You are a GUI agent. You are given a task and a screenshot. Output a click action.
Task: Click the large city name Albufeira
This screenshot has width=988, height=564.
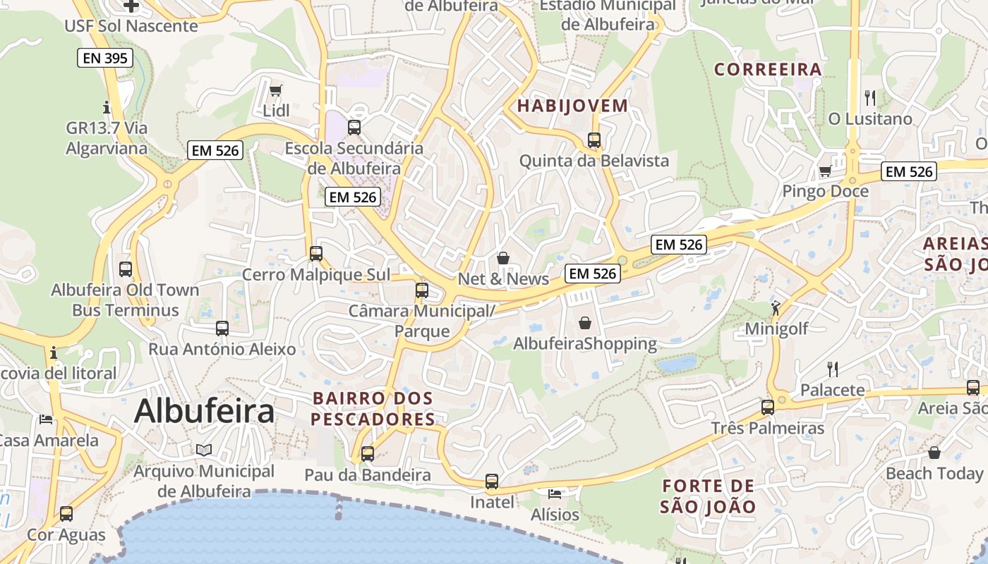click(204, 411)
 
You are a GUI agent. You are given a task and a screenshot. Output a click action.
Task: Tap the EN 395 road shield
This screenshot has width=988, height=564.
click(105, 58)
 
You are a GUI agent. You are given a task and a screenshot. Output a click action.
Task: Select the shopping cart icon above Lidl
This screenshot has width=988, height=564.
click(276, 90)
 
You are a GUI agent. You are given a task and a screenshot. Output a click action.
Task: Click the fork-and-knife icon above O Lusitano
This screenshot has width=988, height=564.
click(870, 97)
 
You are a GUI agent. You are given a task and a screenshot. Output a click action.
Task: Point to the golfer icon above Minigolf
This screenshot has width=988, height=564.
click(776, 308)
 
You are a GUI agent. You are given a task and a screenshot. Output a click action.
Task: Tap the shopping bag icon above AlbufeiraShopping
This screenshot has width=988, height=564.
click(585, 323)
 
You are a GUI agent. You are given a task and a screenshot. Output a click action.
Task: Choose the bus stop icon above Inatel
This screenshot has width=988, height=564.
click(492, 482)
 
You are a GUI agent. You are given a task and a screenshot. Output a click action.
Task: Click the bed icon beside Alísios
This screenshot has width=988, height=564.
click(555, 493)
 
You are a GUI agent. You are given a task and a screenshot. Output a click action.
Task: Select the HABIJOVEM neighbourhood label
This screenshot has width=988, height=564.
click(572, 106)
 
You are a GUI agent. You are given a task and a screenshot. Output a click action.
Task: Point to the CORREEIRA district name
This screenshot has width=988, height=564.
click(768, 69)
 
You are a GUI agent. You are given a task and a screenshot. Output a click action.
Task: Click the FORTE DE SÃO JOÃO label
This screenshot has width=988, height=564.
click(708, 496)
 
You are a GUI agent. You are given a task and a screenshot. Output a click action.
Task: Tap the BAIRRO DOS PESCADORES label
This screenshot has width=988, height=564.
click(373, 409)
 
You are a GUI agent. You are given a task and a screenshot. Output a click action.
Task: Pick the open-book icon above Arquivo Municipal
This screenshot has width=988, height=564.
click(204, 450)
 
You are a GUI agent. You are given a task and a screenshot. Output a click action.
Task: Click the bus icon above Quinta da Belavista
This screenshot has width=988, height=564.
click(594, 140)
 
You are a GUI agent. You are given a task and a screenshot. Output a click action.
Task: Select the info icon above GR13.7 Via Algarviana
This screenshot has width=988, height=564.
click(107, 107)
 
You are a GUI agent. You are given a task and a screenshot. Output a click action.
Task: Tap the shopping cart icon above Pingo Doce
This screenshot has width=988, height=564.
click(825, 171)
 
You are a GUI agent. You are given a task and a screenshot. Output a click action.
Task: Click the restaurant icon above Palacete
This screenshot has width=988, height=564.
click(833, 369)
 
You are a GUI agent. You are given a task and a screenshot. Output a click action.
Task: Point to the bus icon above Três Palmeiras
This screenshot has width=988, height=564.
click(768, 407)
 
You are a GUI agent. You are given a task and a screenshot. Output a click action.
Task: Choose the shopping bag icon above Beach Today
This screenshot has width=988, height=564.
click(934, 453)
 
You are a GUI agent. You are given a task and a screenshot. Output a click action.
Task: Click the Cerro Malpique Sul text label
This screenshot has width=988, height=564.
click(315, 274)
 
